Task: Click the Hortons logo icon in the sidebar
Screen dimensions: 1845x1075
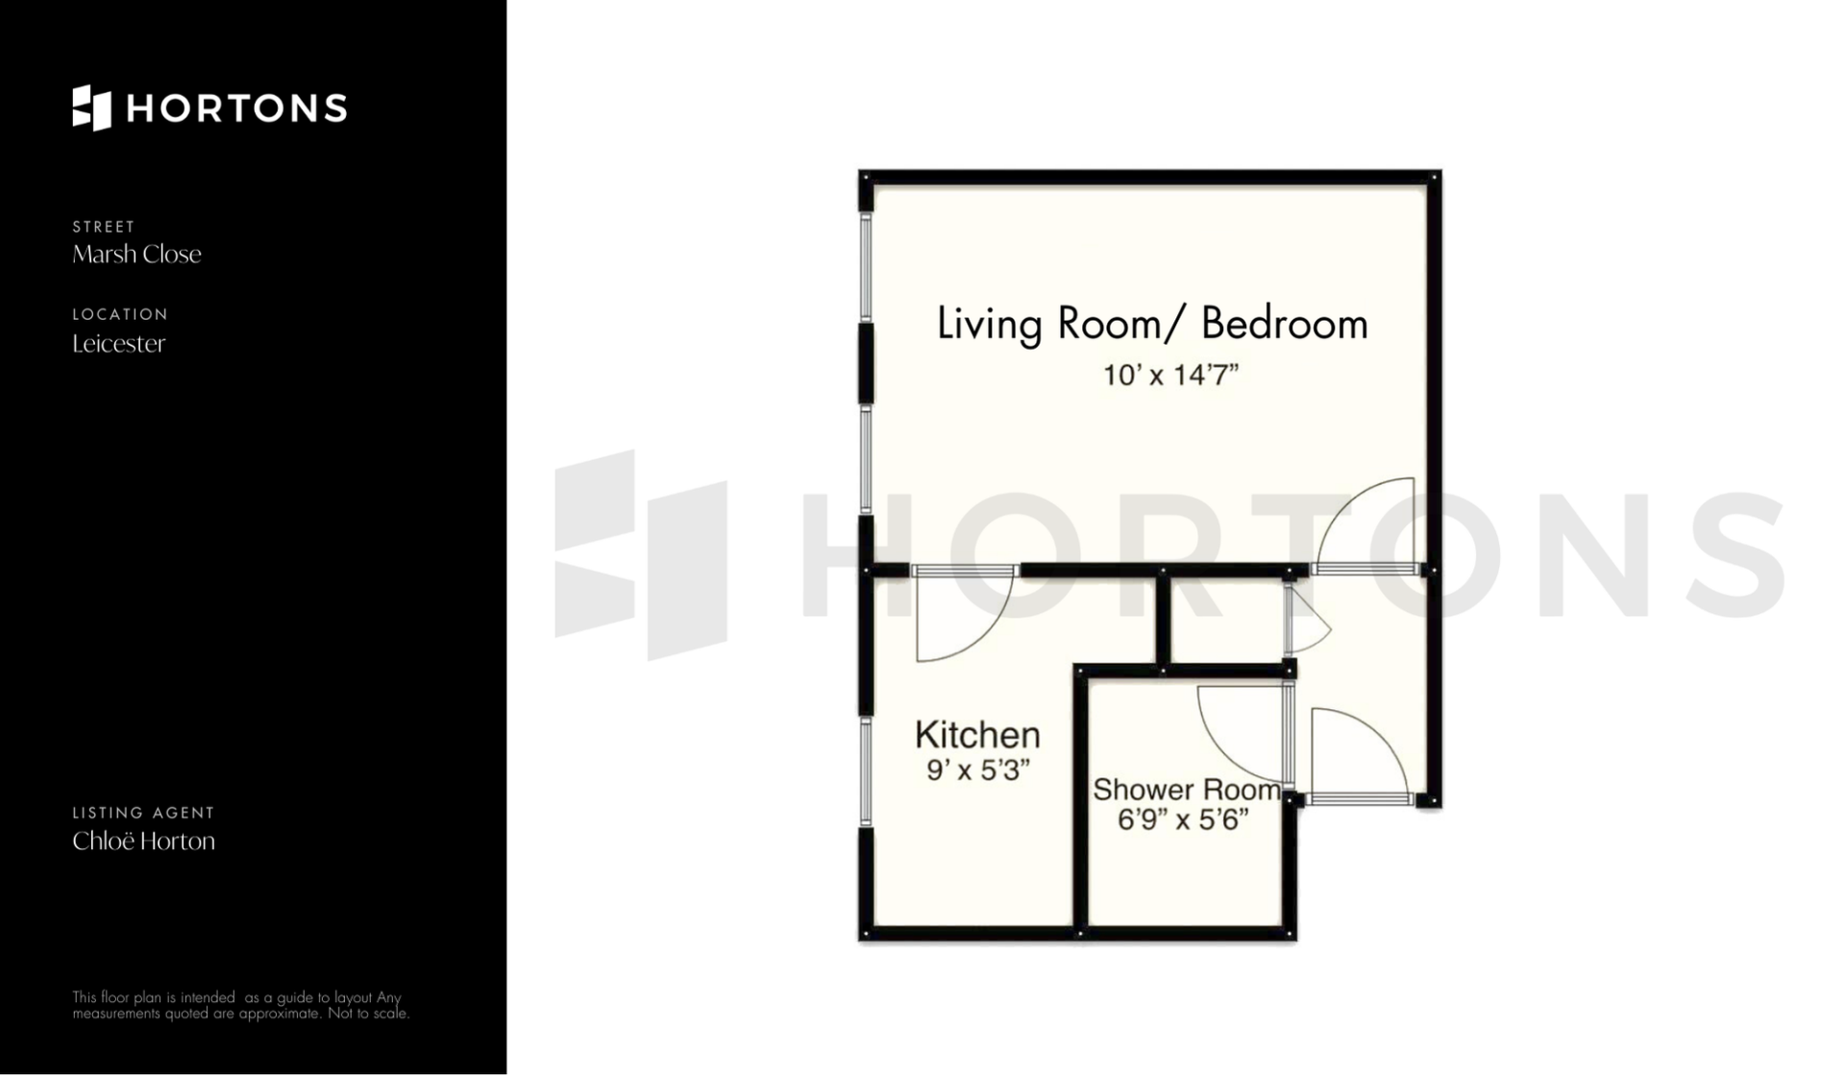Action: [x=91, y=108]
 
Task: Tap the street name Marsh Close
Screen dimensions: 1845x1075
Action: [x=136, y=255]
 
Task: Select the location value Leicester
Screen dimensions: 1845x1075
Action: [x=118, y=344]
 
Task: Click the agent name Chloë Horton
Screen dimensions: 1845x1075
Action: [x=143, y=842]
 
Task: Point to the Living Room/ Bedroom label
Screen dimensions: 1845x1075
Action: [x=1152, y=325]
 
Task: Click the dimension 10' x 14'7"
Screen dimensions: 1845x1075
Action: [x=1170, y=375]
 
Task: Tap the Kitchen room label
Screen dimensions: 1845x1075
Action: [x=977, y=735]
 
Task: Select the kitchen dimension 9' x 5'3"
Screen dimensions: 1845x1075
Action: [x=978, y=770]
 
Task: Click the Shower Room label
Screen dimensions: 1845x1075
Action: [x=1187, y=790]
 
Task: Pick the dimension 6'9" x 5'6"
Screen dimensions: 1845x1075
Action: [x=1183, y=820]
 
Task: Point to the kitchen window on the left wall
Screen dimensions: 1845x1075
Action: [x=866, y=771]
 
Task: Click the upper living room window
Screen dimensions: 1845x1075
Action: [x=866, y=266]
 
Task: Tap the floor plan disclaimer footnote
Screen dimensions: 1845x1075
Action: [x=241, y=1006]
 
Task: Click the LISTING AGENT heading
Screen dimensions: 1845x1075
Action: [x=143, y=813]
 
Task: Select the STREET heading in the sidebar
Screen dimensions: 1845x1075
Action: [x=104, y=227]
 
